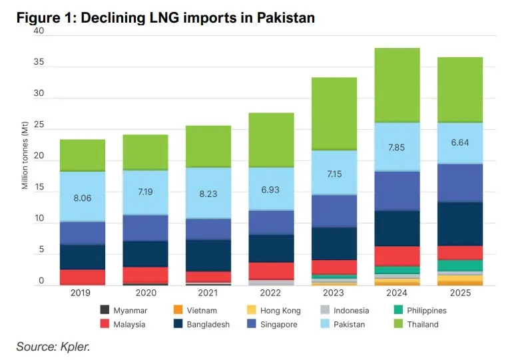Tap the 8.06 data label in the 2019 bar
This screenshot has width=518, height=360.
(83, 197)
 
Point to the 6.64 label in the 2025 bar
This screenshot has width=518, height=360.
(459, 142)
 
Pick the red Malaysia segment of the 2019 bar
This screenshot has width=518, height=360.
(83, 276)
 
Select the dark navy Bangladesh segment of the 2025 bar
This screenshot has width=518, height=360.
(459, 224)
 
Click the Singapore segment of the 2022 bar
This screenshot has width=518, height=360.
(271, 222)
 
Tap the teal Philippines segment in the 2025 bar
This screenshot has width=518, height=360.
(459, 265)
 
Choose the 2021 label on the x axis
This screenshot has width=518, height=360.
(208, 293)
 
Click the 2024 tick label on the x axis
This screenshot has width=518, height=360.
(397, 293)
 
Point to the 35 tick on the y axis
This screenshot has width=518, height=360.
(39, 63)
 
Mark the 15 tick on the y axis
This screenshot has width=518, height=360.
(39, 188)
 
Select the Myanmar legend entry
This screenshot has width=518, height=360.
(123, 310)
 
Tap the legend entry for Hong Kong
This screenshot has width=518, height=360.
(274, 310)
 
